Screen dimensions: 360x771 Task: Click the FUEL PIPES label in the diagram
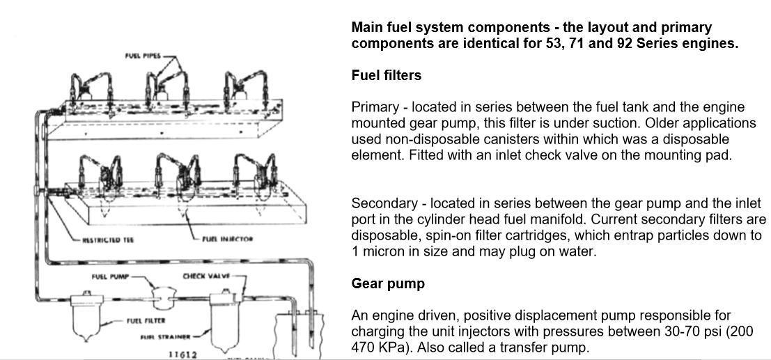tap(143, 56)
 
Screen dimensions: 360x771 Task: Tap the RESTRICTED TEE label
tap(108, 240)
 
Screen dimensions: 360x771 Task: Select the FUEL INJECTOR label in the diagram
tap(228, 240)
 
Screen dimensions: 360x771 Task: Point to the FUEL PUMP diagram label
tap(110, 277)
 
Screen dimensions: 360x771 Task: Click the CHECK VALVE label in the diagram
tap(206, 276)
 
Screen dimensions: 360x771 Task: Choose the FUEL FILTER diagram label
tap(146, 321)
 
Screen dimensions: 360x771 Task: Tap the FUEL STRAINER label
tap(165, 338)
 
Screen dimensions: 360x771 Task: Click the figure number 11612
tap(183, 354)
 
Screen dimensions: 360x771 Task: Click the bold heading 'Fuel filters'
tap(386, 75)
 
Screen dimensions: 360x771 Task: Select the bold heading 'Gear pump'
tap(387, 283)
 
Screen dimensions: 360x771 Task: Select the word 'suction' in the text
tap(733, 123)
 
